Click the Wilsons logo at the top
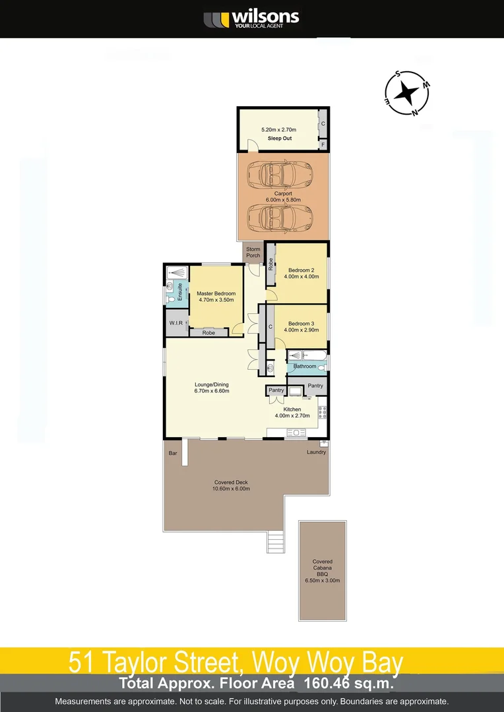251,18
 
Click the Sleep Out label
280,138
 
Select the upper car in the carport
275,175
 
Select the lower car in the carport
275,216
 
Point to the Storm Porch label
253,252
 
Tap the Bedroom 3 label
301,324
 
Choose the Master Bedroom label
216,293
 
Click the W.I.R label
175,323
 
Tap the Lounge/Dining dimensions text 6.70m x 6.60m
211,391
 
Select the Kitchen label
292,409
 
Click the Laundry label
317,452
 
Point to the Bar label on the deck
173,454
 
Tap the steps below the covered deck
275,542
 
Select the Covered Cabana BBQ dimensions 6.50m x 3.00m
323,581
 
